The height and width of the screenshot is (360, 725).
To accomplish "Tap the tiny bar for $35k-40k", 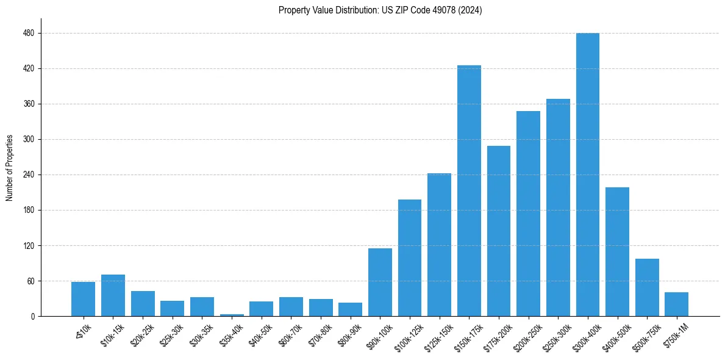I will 232,315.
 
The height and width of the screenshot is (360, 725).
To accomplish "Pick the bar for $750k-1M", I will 676,304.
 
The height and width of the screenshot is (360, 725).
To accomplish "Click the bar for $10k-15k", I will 113,295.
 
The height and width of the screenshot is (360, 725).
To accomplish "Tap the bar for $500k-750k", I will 647,287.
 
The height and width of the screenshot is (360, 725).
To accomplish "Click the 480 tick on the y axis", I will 29,34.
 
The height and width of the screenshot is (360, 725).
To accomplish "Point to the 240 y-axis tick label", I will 29,175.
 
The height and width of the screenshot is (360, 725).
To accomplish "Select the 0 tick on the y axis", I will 33,317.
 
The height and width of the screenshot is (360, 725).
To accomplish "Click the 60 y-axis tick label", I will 30,281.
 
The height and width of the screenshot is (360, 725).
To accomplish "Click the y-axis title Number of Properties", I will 9,168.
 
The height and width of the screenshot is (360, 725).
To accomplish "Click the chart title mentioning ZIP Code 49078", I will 380,10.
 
